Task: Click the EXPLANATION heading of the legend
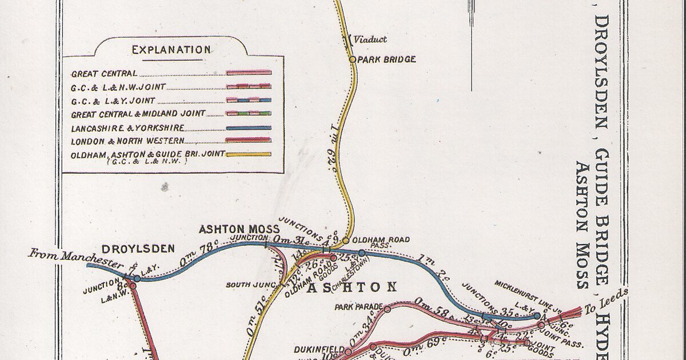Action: click(171, 50)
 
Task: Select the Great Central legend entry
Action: click(104, 74)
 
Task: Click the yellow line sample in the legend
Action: click(249, 154)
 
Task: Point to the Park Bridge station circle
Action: click(352, 59)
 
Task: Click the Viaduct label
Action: click(370, 39)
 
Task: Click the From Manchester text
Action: click(76, 258)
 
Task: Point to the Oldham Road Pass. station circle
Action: click(345, 241)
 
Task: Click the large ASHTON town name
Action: click(352, 287)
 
